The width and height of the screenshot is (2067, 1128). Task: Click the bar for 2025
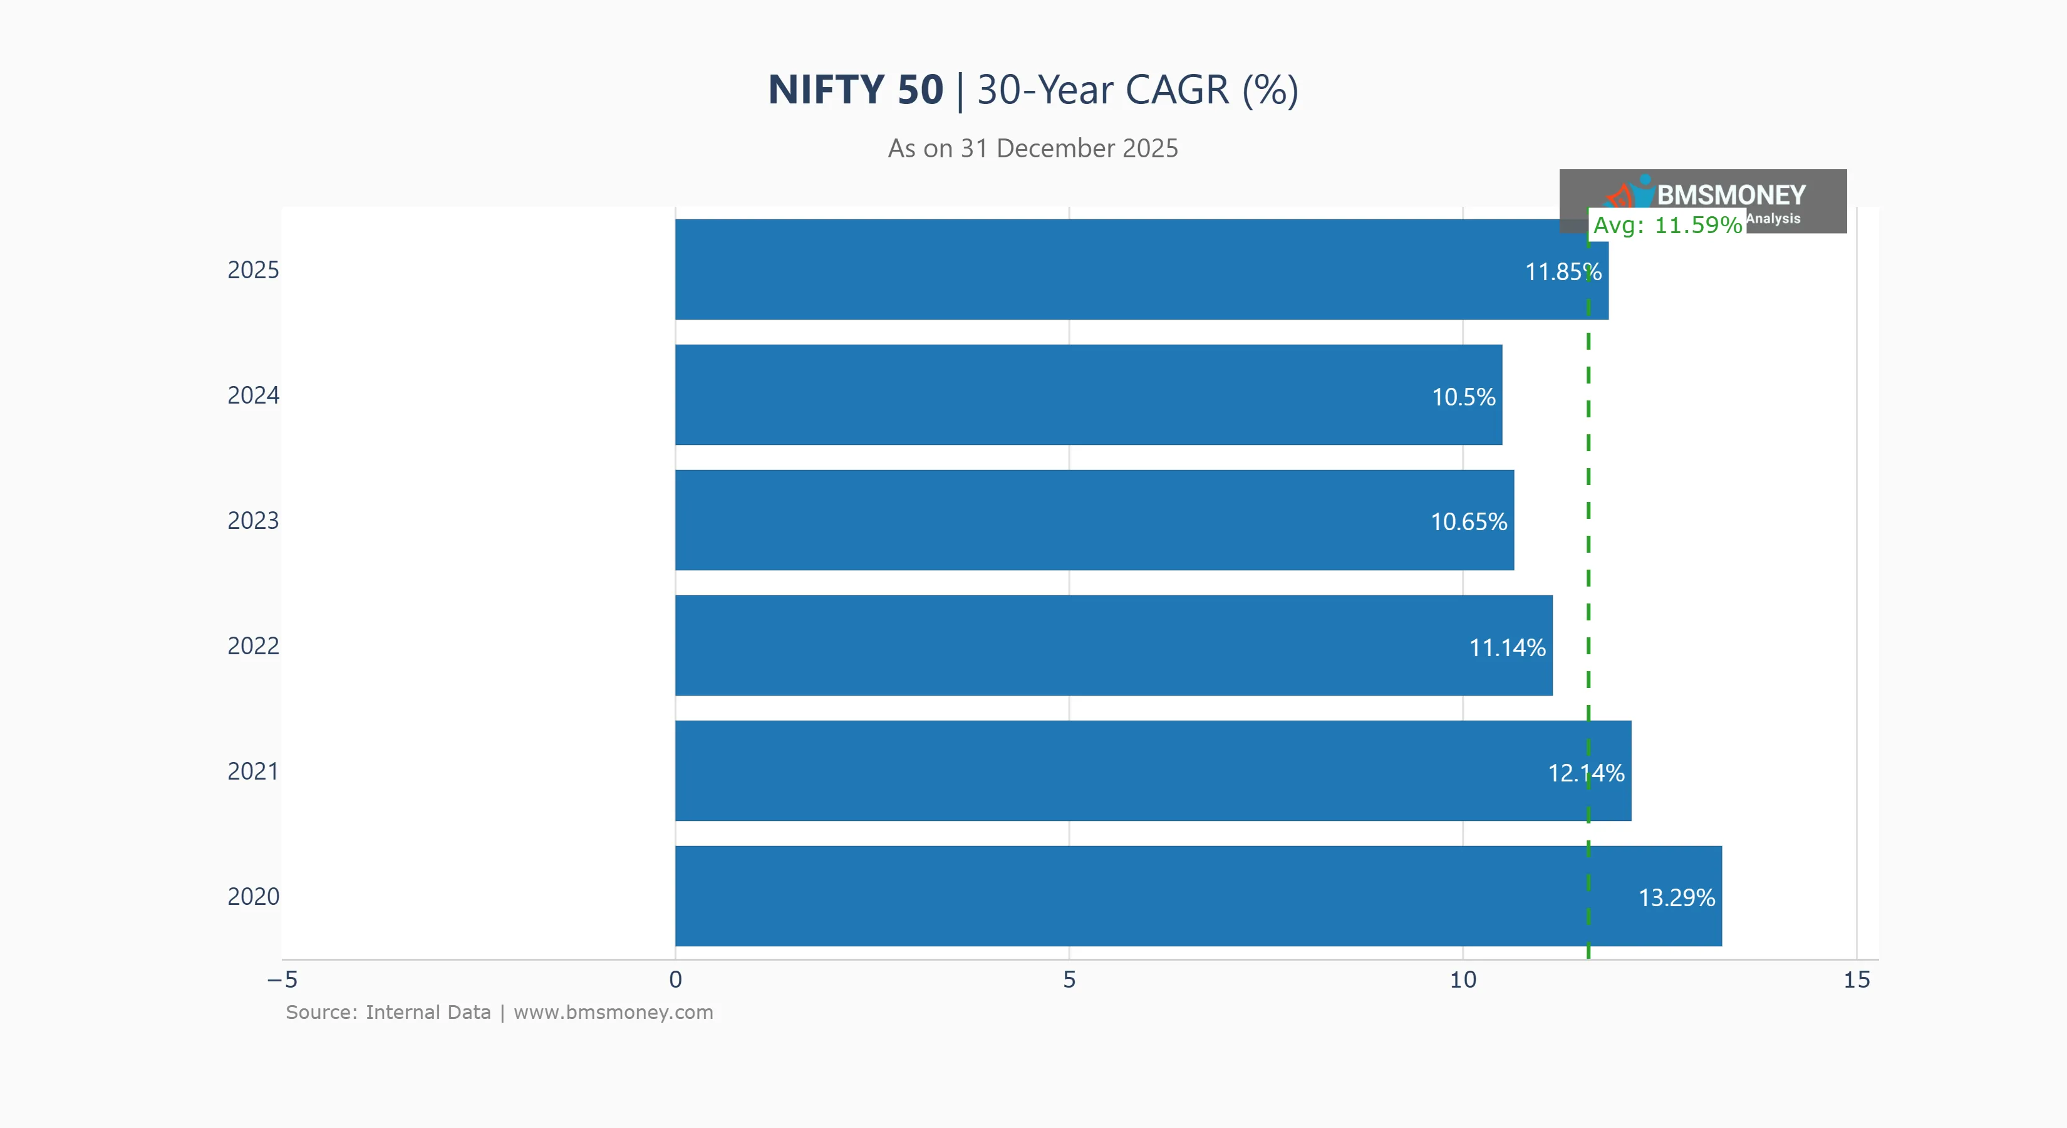(x=1123, y=269)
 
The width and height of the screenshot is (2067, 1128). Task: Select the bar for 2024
(x=1083, y=395)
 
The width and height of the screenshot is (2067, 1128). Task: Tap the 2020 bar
(x=1164, y=896)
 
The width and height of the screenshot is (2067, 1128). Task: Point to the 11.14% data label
(x=1507, y=647)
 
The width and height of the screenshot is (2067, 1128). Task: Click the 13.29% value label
(x=1676, y=897)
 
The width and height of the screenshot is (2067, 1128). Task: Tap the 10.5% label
(x=1464, y=397)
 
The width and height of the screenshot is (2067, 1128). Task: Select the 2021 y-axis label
(x=253, y=771)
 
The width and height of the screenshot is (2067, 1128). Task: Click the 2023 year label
(x=253, y=521)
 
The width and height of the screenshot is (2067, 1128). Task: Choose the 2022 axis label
(x=253, y=646)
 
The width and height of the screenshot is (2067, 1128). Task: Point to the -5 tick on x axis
(x=282, y=979)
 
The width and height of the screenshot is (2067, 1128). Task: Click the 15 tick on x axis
(x=1856, y=979)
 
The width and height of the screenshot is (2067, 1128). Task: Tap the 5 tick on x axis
(x=1069, y=979)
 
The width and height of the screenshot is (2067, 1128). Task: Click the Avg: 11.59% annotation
(x=1667, y=225)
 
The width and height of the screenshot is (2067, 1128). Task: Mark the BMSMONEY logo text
(x=1730, y=195)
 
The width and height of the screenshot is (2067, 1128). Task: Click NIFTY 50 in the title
(x=856, y=89)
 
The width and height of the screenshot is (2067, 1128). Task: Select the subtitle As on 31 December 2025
(x=1033, y=149)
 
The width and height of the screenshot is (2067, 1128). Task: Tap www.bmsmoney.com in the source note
(x=613, y=1013)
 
